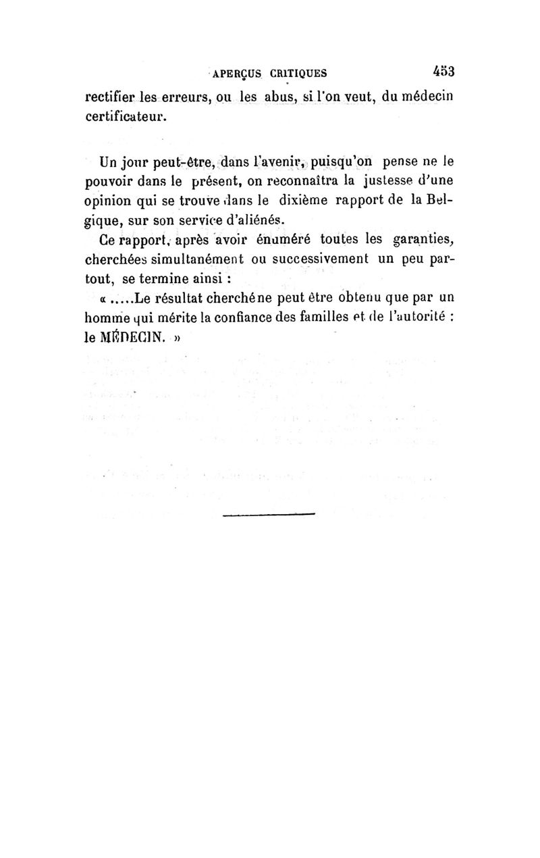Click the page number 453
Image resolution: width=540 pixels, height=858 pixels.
point(442,72)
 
